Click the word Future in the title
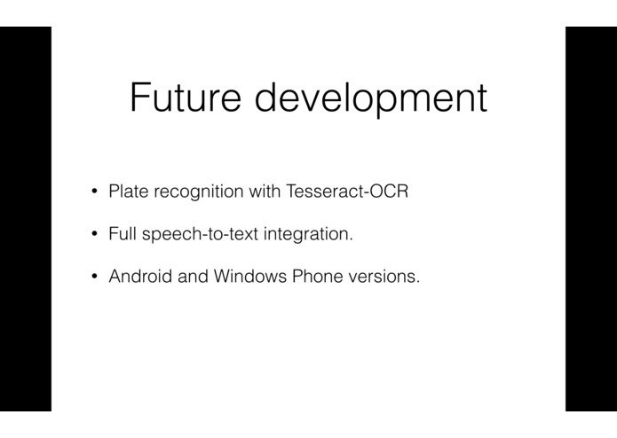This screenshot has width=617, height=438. click(x=186, y=97)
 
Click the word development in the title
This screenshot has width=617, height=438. click(x=371, y=98)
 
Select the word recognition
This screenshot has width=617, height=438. click(x=199, y=192)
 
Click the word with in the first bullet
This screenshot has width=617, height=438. click(x=265, y=192)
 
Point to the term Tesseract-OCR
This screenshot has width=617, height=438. click(x=347, y=192)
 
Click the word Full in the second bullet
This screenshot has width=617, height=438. click(x=123, y=234)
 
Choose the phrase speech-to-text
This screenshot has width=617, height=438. click(x=201, y=235)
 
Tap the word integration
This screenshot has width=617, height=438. click(x=305, y=235)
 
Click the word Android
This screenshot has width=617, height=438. click(x=140, y=276)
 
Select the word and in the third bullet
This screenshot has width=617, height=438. click(x=193, y=276)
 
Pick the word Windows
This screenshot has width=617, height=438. click(x=250, y=276)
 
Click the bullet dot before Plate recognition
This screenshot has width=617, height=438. click(x=94, y=192)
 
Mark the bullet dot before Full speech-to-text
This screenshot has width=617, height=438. click(x=94, y=234)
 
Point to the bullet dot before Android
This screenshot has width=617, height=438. click(x=94, y=277)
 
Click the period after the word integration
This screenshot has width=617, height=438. click(x=351, y=239)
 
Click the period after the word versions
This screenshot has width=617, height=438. click(x=418, y=282)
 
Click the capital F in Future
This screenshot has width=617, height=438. click(x=139, y=97)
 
